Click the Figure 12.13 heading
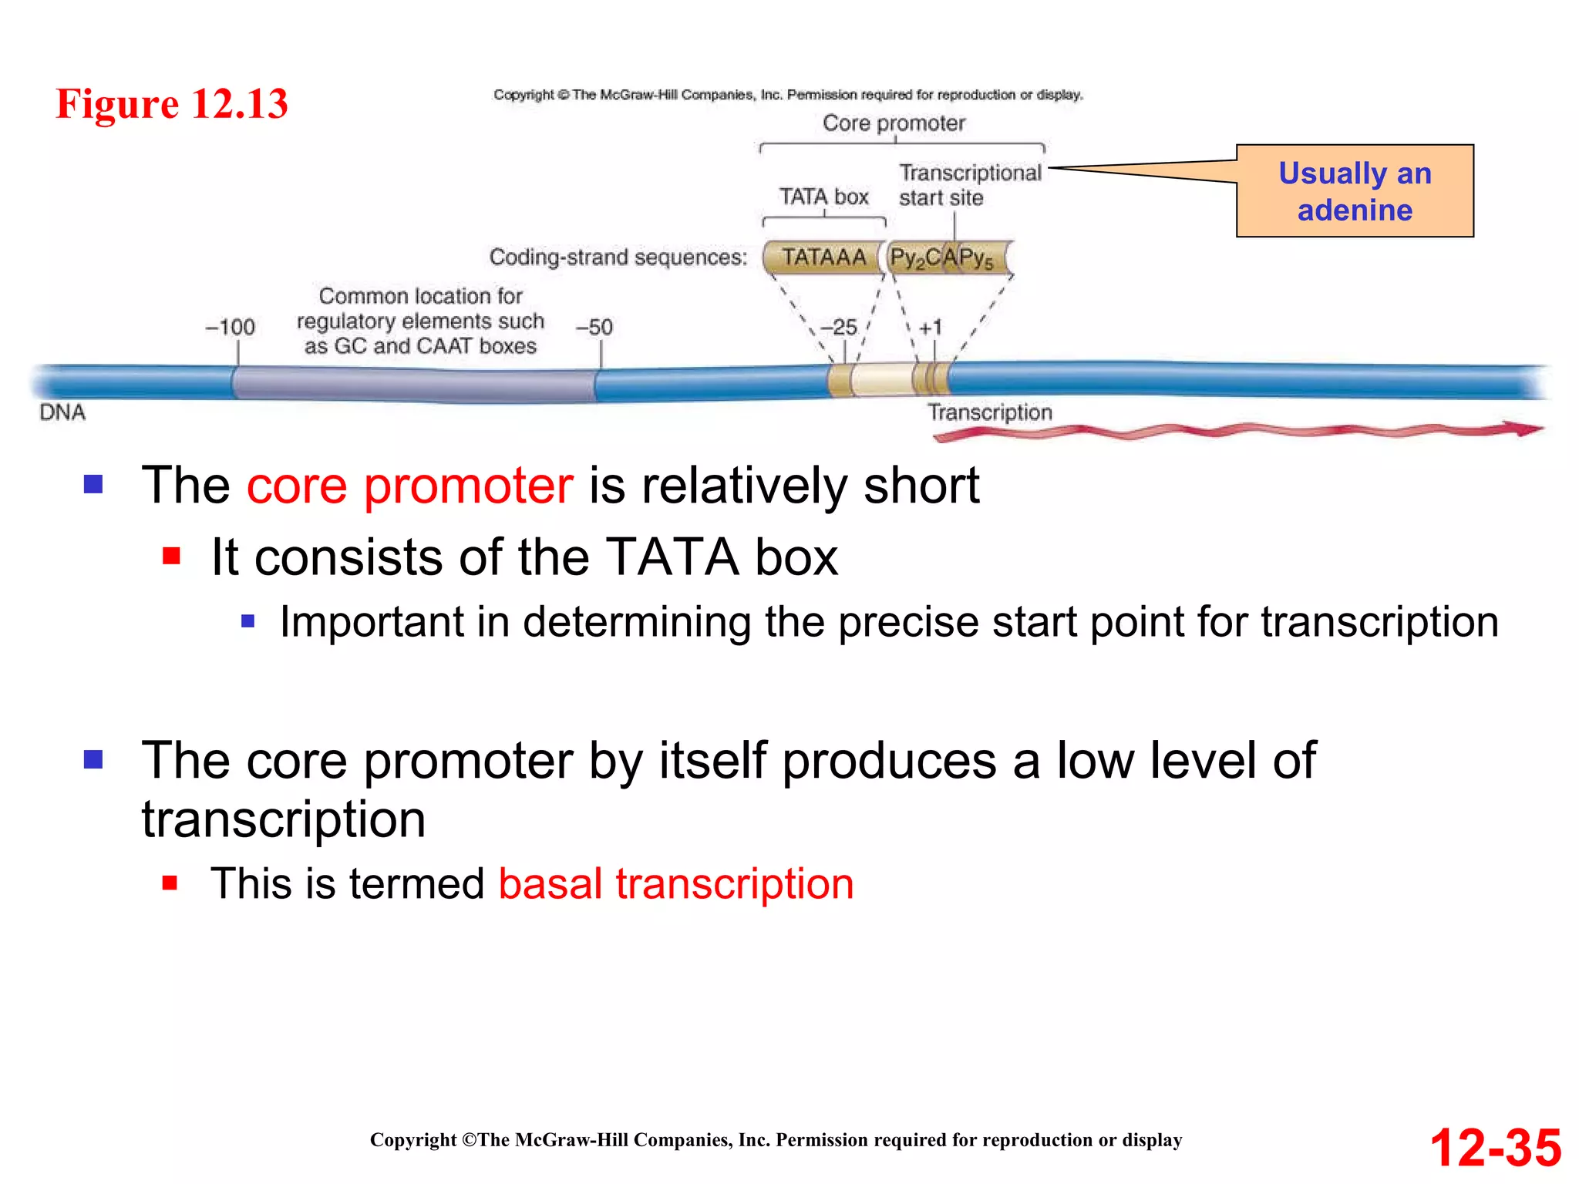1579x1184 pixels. point(172,103)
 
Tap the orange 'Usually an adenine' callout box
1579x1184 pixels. point(1354,191)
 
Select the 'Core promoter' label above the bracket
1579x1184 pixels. point(894,123)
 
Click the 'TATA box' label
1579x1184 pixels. point(823,197)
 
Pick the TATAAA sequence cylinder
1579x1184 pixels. point(823,257)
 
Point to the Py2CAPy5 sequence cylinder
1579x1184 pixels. point(947,257)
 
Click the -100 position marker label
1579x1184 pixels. point(230,327)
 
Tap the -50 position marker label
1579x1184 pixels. point(594,327)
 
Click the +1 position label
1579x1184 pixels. point(931,327)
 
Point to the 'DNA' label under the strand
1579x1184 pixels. point(62,412)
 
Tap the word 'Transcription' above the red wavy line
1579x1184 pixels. point(989,412)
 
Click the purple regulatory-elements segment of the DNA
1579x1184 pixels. point(414,383)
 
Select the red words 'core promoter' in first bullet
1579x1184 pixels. point(409,486)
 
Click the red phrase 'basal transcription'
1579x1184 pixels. point(675,883)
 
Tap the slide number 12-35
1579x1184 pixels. point(1495,1147)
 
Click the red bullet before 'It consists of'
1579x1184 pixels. point(171,556)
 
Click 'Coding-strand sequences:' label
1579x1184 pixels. point(618,257)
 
